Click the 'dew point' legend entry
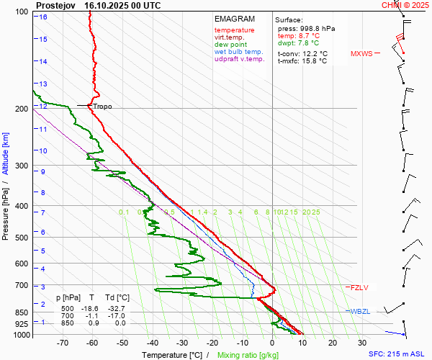pyautogui.click(x=230, y=45)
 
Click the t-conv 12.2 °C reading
pyautogui.click(x=302, y=53)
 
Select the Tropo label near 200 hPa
pyautogui.click(x=102, y=107)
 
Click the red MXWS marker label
pyautogui.click(x=361, y=54)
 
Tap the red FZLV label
pyautogui.click(x=359, y=288)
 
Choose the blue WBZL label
pyautogui.click(x=360, y=311)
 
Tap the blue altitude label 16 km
pyautogui.click(x=44, y=17)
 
